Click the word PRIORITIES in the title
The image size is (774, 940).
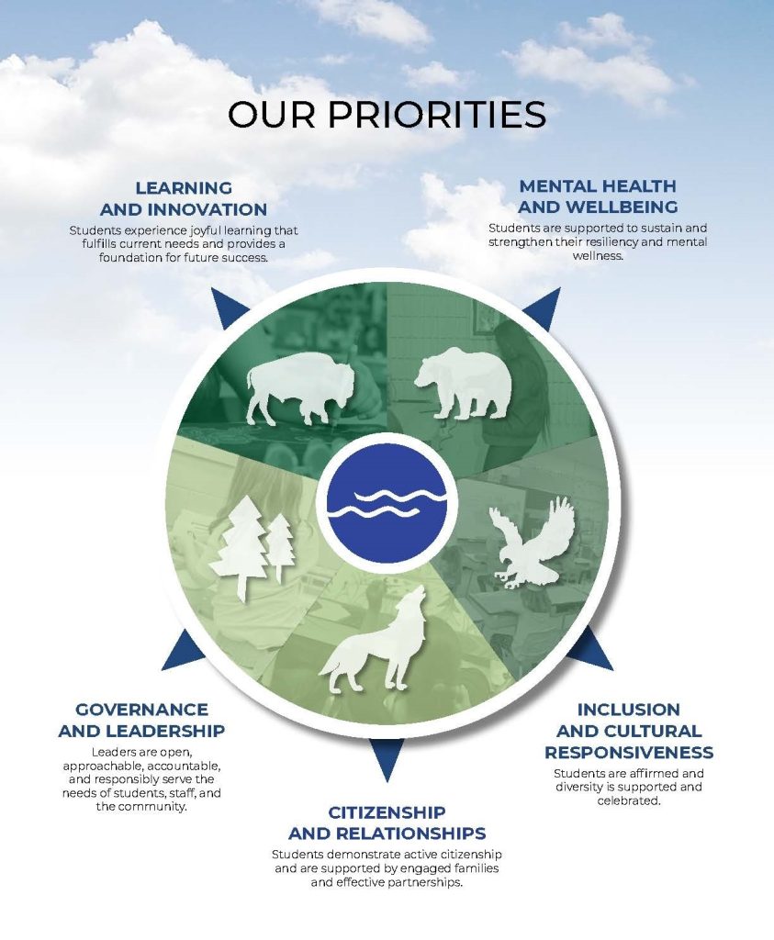tap(436, 114)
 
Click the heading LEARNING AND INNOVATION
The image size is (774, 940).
tap(184, 198)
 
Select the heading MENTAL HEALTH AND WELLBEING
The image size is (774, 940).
tap(598, 196)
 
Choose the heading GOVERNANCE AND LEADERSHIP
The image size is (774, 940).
tap(141, 720)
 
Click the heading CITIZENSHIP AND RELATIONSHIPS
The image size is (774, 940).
tap(387, 822)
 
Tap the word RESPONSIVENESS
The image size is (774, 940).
tap(629, 753)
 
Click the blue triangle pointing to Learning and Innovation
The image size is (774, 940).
tap(227, 307)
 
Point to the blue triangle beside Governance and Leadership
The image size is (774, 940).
tap(183, 653)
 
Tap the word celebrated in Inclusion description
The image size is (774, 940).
tap(628, 800)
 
